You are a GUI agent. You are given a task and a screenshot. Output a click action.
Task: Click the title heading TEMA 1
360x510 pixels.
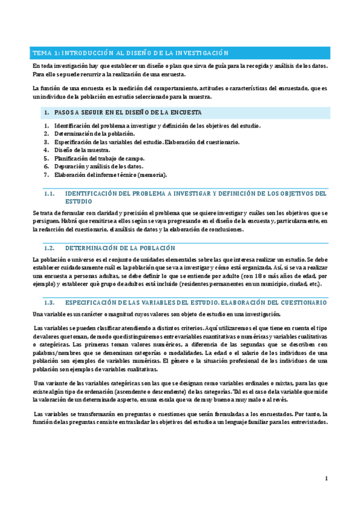131,52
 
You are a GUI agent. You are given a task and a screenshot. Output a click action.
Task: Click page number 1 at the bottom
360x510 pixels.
325,479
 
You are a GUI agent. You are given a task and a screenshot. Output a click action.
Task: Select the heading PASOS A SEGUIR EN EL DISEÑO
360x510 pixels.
127,112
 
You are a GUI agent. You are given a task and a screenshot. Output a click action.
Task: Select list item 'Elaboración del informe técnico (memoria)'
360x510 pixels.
111,174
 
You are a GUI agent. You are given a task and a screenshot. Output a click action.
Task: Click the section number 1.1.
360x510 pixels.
50,194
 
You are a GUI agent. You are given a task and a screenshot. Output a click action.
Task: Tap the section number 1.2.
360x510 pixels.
50,248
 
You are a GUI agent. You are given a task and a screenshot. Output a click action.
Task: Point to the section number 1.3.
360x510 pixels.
50,302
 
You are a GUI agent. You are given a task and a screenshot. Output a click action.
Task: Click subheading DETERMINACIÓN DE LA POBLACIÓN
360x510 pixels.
120,248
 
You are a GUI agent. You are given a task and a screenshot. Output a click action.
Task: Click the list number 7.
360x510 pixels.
46,174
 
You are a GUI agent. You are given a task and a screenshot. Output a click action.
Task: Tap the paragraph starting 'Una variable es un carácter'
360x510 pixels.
156,315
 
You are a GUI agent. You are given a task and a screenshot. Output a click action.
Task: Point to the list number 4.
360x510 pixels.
46,150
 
